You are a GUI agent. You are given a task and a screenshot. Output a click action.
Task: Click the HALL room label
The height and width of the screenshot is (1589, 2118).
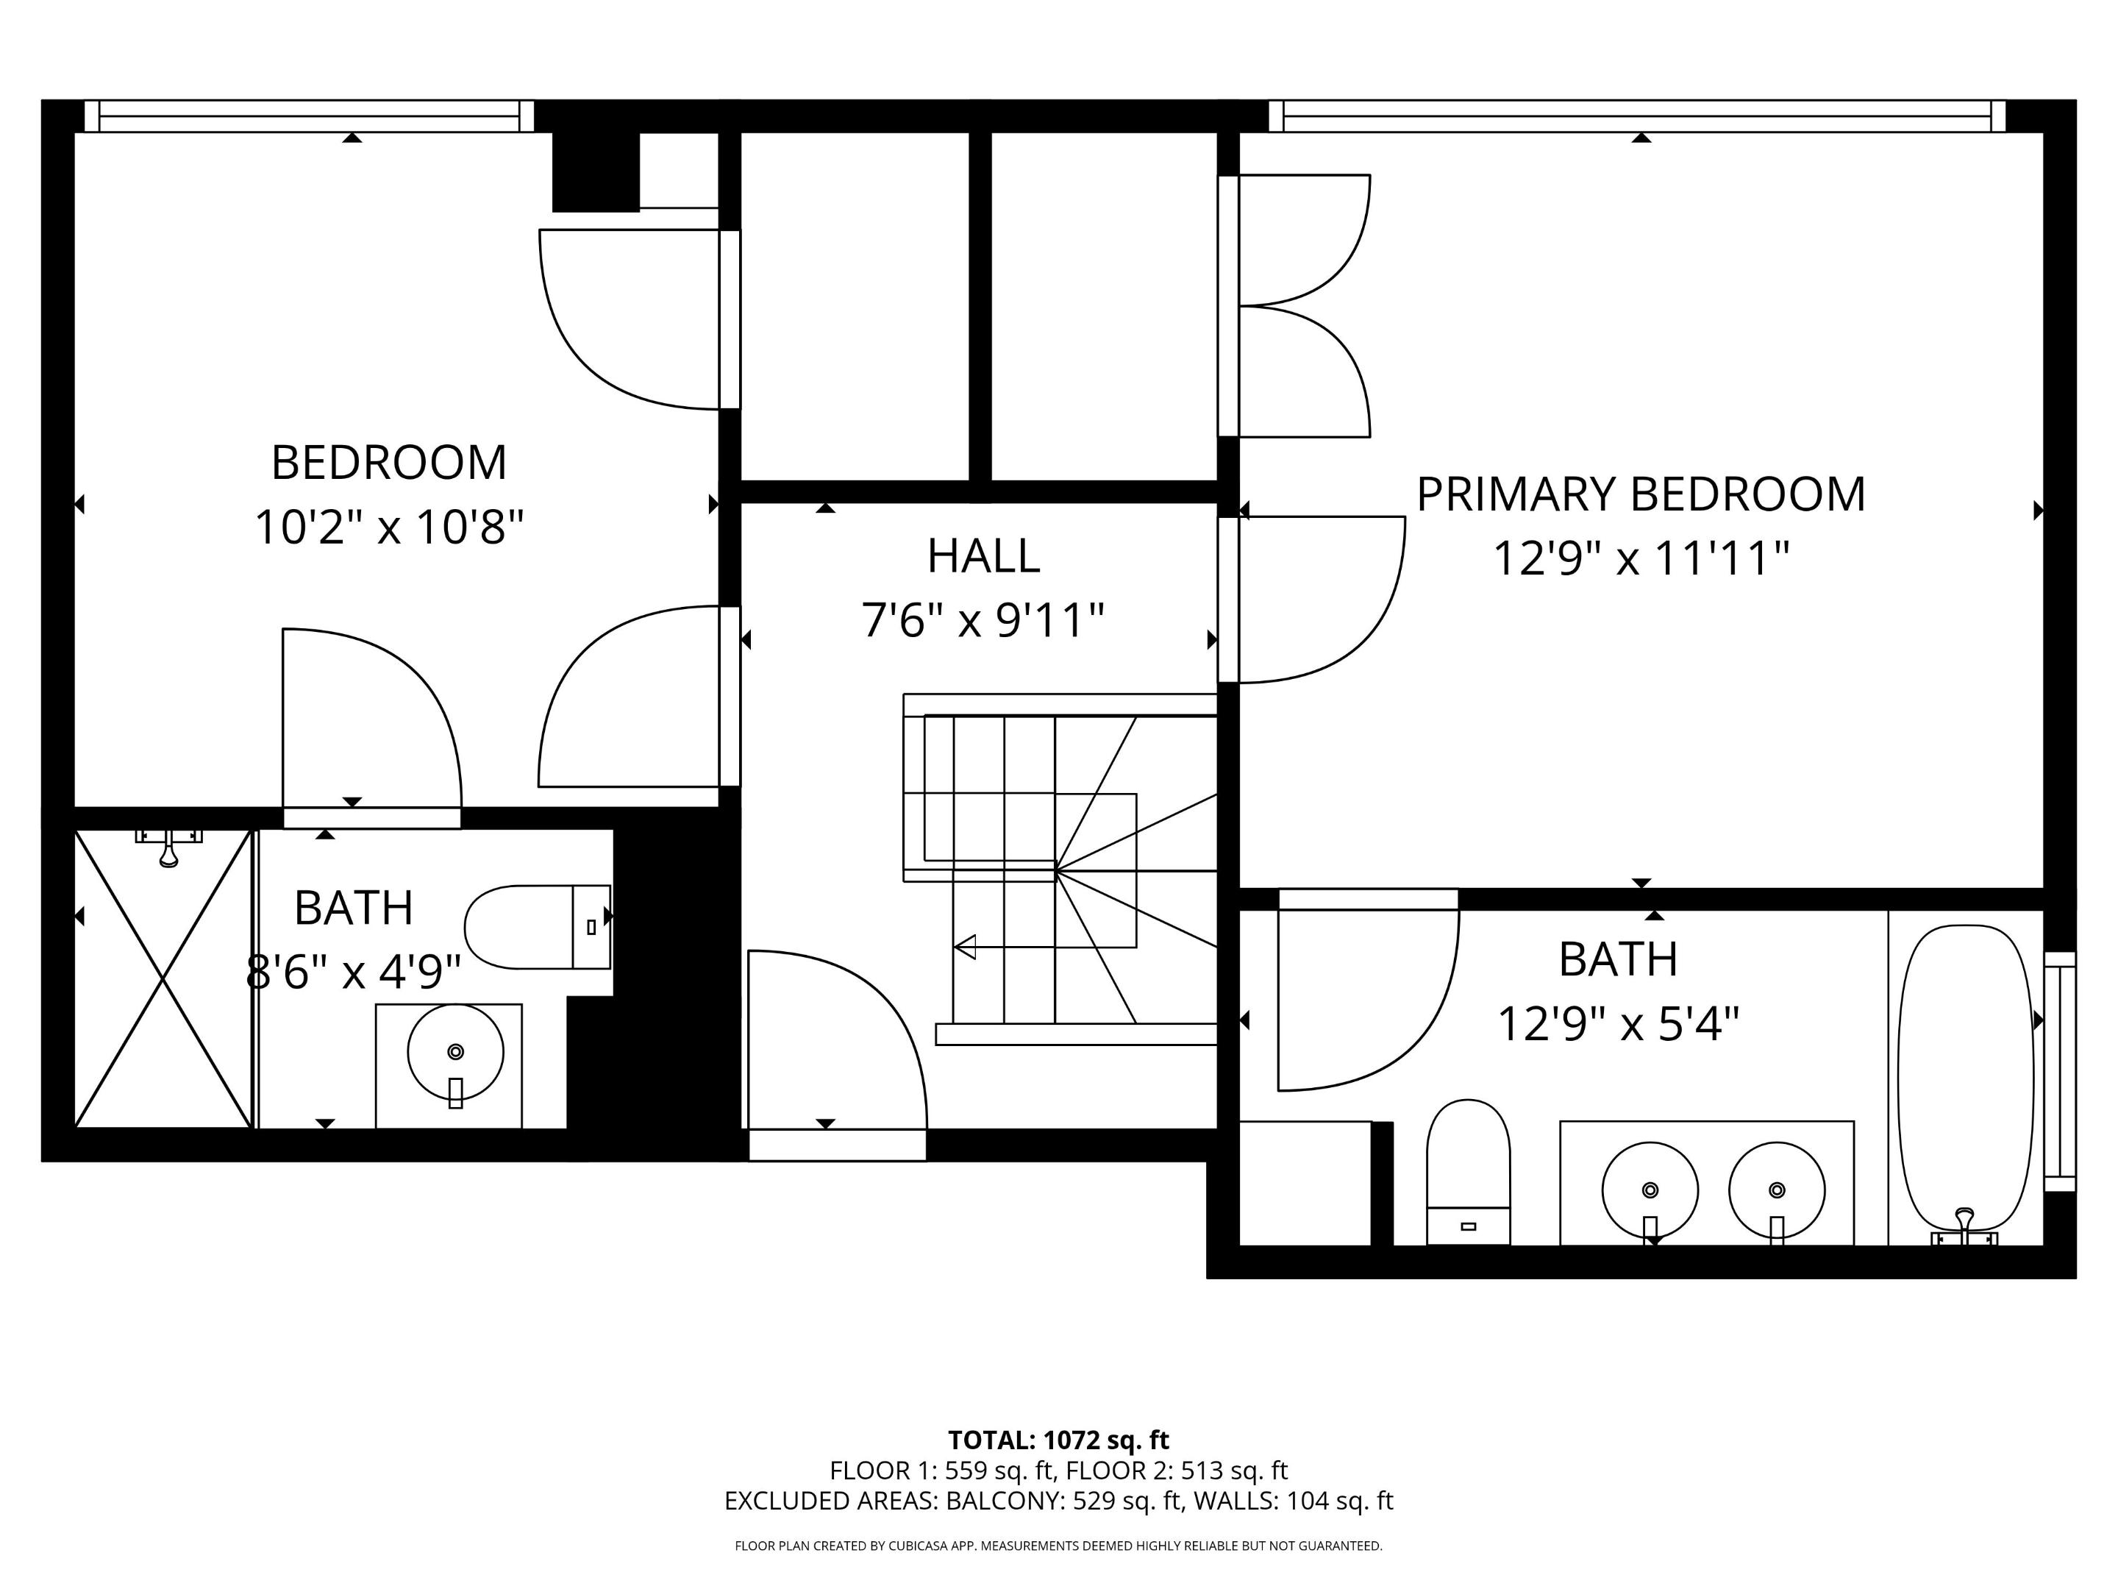(983, 556)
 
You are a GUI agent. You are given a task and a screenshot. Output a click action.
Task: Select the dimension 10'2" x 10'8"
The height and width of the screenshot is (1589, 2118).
(389, 527)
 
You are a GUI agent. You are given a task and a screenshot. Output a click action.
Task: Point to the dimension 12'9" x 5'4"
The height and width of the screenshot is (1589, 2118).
(1617, 1025)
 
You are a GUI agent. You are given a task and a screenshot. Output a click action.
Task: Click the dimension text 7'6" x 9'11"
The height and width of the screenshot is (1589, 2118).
(983, 621)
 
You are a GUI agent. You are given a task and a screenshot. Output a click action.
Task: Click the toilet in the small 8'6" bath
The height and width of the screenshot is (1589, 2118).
(537, 927)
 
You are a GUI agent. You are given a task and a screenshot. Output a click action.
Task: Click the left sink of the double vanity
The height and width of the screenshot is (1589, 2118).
(1649, 1190)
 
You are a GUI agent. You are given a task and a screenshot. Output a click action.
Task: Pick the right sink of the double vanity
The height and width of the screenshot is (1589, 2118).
(1776, 1190)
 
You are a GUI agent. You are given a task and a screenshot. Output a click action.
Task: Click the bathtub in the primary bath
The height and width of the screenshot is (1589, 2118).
(1965, 1078)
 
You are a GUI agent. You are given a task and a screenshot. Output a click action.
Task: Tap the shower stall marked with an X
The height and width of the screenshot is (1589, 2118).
(163, 979)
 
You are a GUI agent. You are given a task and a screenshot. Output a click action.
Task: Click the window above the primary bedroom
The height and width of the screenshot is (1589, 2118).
(1642, 116)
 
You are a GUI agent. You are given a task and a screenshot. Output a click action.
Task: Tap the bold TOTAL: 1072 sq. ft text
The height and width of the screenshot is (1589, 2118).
(1058, 1440)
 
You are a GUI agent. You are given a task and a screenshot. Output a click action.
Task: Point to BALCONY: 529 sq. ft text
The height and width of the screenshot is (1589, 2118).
(1063, 1501)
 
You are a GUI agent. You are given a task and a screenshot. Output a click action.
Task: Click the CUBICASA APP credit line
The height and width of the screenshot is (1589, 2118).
(1058, 1546)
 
